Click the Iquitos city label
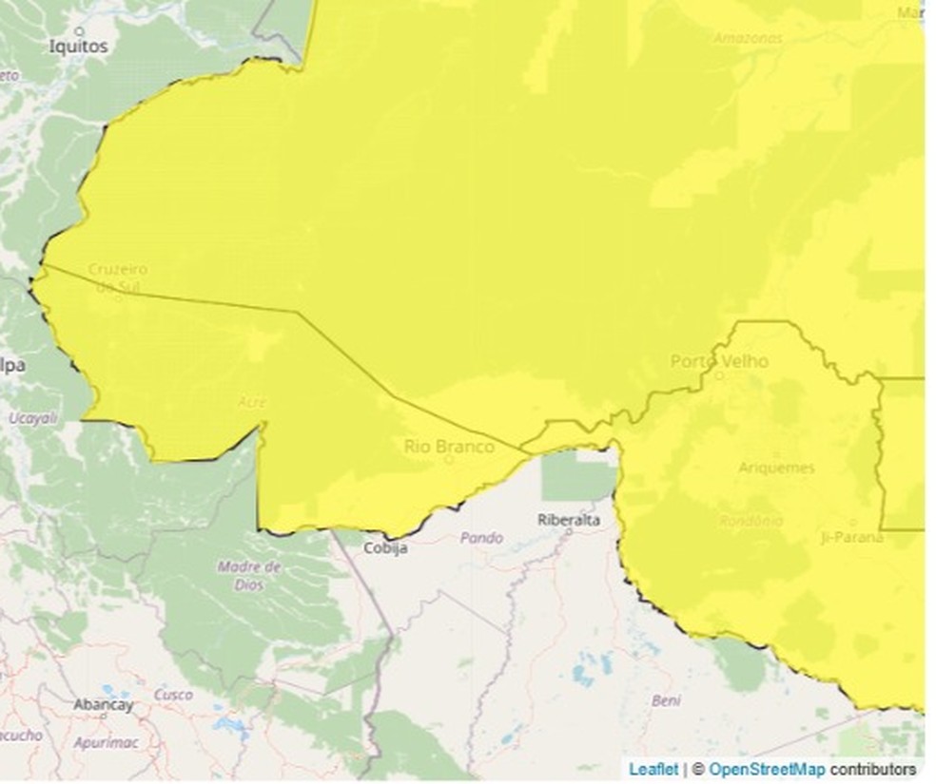78,46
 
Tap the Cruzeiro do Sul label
118,277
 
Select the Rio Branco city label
449,446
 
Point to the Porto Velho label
719,361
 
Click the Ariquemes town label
776,468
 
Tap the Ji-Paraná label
852,537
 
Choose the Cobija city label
385,548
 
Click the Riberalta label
569,520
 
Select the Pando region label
481,538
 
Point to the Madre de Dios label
249,576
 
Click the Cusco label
173,695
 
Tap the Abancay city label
104,705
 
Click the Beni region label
666,700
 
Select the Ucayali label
33,417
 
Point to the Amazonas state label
749,39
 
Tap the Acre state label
252,403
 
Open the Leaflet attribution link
653,769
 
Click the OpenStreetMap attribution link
767,769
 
